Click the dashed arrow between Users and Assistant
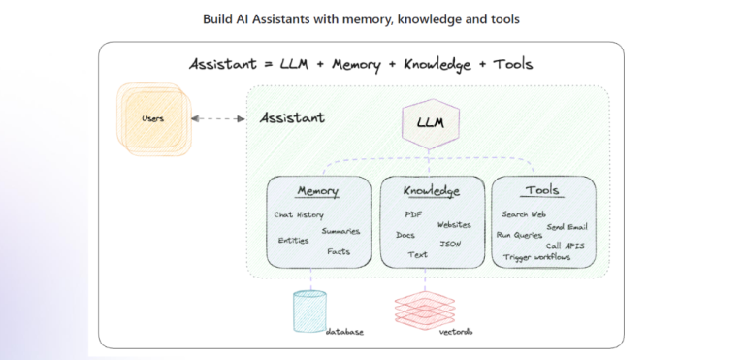(x=218, y=118)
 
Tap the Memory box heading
(x=317, y=191)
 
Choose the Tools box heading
(x=541, y=190)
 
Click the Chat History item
(x=299, y=214)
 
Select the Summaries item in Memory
(x=340, y=231)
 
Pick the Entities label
(x=293, y=240)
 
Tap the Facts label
(x=339, y=252)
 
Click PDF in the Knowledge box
(x=413, y=213)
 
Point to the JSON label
(x=450, y=244)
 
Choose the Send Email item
(x=567, y=226)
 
